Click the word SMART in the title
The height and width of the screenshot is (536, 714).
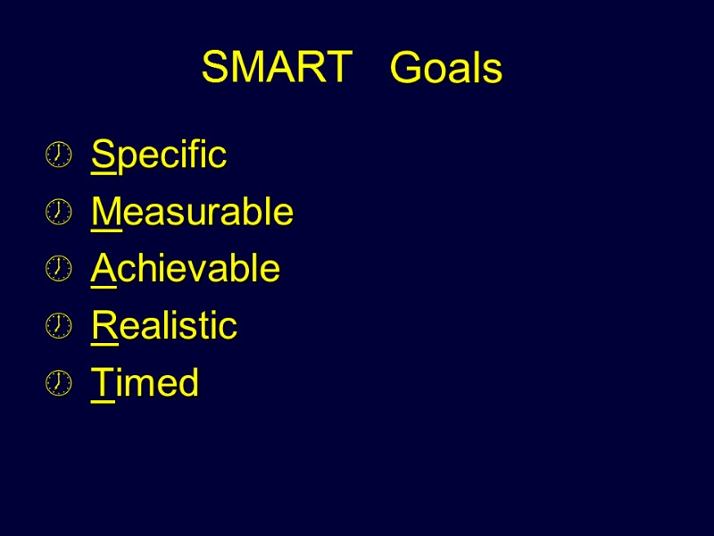click(277, 68)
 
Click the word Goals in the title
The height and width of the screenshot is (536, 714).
click(446, 69)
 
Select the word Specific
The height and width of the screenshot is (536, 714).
click(159, 155)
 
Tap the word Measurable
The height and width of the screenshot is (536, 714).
click(192, 213)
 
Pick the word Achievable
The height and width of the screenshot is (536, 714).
click(186, 269)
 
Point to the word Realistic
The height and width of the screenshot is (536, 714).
click(164, 326)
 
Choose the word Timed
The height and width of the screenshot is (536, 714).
click(145, 383)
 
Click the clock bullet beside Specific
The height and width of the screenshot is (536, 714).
click(58, 155)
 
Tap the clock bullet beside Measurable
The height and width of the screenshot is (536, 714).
click(58, 213)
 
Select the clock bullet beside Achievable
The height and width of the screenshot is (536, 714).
click(58, 269)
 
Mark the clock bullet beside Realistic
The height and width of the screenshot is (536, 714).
click(58, 326)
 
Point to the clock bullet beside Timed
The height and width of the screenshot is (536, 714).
click(58, 383)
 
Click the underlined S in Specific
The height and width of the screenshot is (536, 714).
click(103, 155)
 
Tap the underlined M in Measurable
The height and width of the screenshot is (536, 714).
click(105, 213)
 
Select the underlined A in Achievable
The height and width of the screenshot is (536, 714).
click(104, 269)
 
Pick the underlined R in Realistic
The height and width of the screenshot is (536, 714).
click(104, 326)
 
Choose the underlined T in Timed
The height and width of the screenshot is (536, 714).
click(102, 383)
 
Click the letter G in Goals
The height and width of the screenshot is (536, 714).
click(406, 69)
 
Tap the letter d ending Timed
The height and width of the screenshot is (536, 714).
click(187, 383)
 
